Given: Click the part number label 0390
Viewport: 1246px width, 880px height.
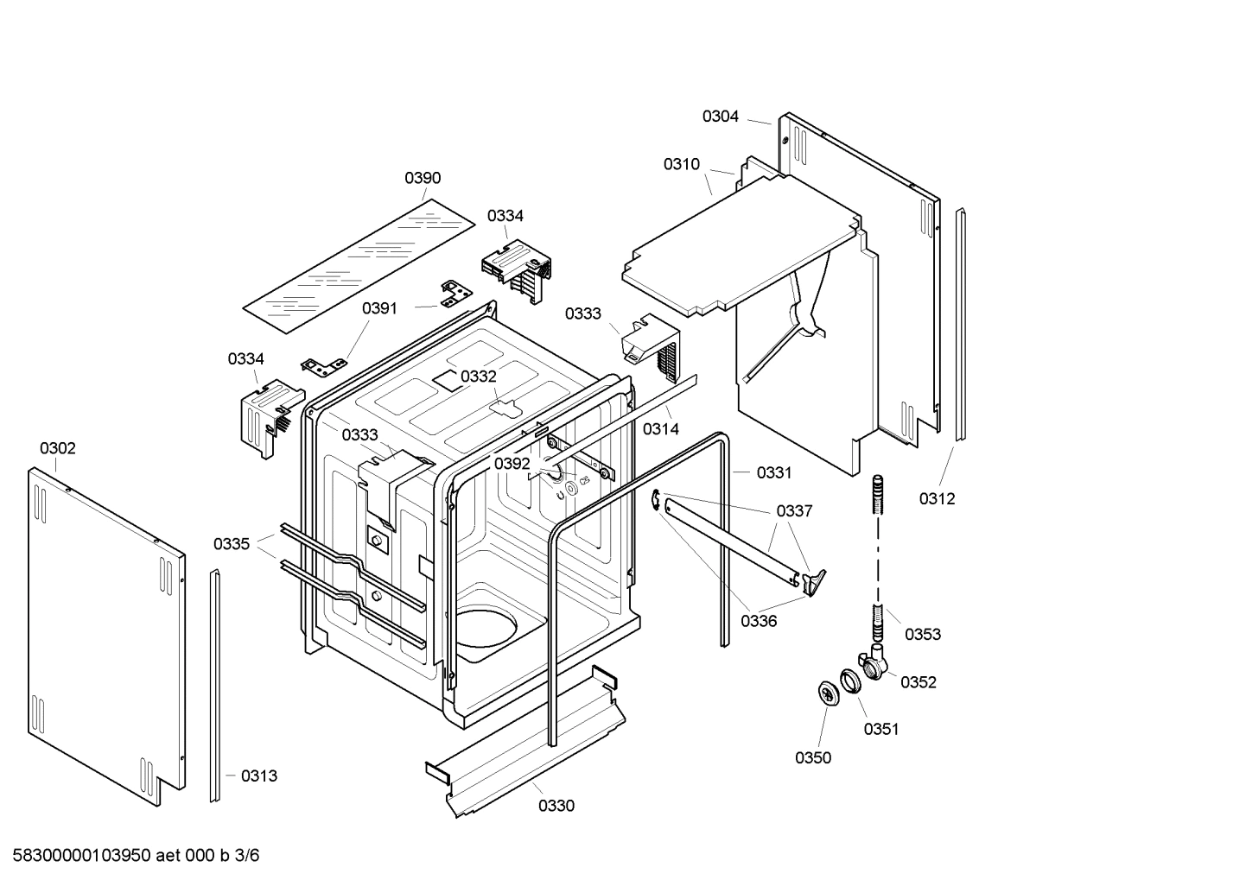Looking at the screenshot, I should click(x=423, y=178).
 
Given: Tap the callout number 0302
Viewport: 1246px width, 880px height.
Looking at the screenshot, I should click(x=57, y=448).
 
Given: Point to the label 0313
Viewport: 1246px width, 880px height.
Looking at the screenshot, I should click(x=259, y=776).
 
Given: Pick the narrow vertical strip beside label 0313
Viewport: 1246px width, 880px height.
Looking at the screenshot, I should click(x=214, y=687).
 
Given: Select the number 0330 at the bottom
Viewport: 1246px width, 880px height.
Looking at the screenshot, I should click(x=556, y=806).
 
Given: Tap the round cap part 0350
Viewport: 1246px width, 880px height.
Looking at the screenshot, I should click(x=829, y=693).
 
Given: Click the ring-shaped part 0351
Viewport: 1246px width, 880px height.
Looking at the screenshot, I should click(x=850, y=680).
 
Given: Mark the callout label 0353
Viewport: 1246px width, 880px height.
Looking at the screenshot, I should click(x=922, y=634).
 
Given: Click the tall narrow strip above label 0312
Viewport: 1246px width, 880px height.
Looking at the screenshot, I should click(x=961, y=324).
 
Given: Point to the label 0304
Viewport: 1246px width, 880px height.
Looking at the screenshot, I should click(x=720, y=116).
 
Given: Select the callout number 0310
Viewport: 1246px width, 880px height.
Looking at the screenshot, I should click(x=681, y=164).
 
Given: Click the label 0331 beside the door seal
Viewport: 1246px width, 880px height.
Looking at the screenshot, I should click(x=773, y=472).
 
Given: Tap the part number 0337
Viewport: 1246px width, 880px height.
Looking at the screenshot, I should click(x=794, y=510).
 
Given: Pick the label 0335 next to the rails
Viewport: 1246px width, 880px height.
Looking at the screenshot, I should click(x=232, y=544).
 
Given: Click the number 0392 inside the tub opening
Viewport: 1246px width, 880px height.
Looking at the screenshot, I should click(x=512, y=464).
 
